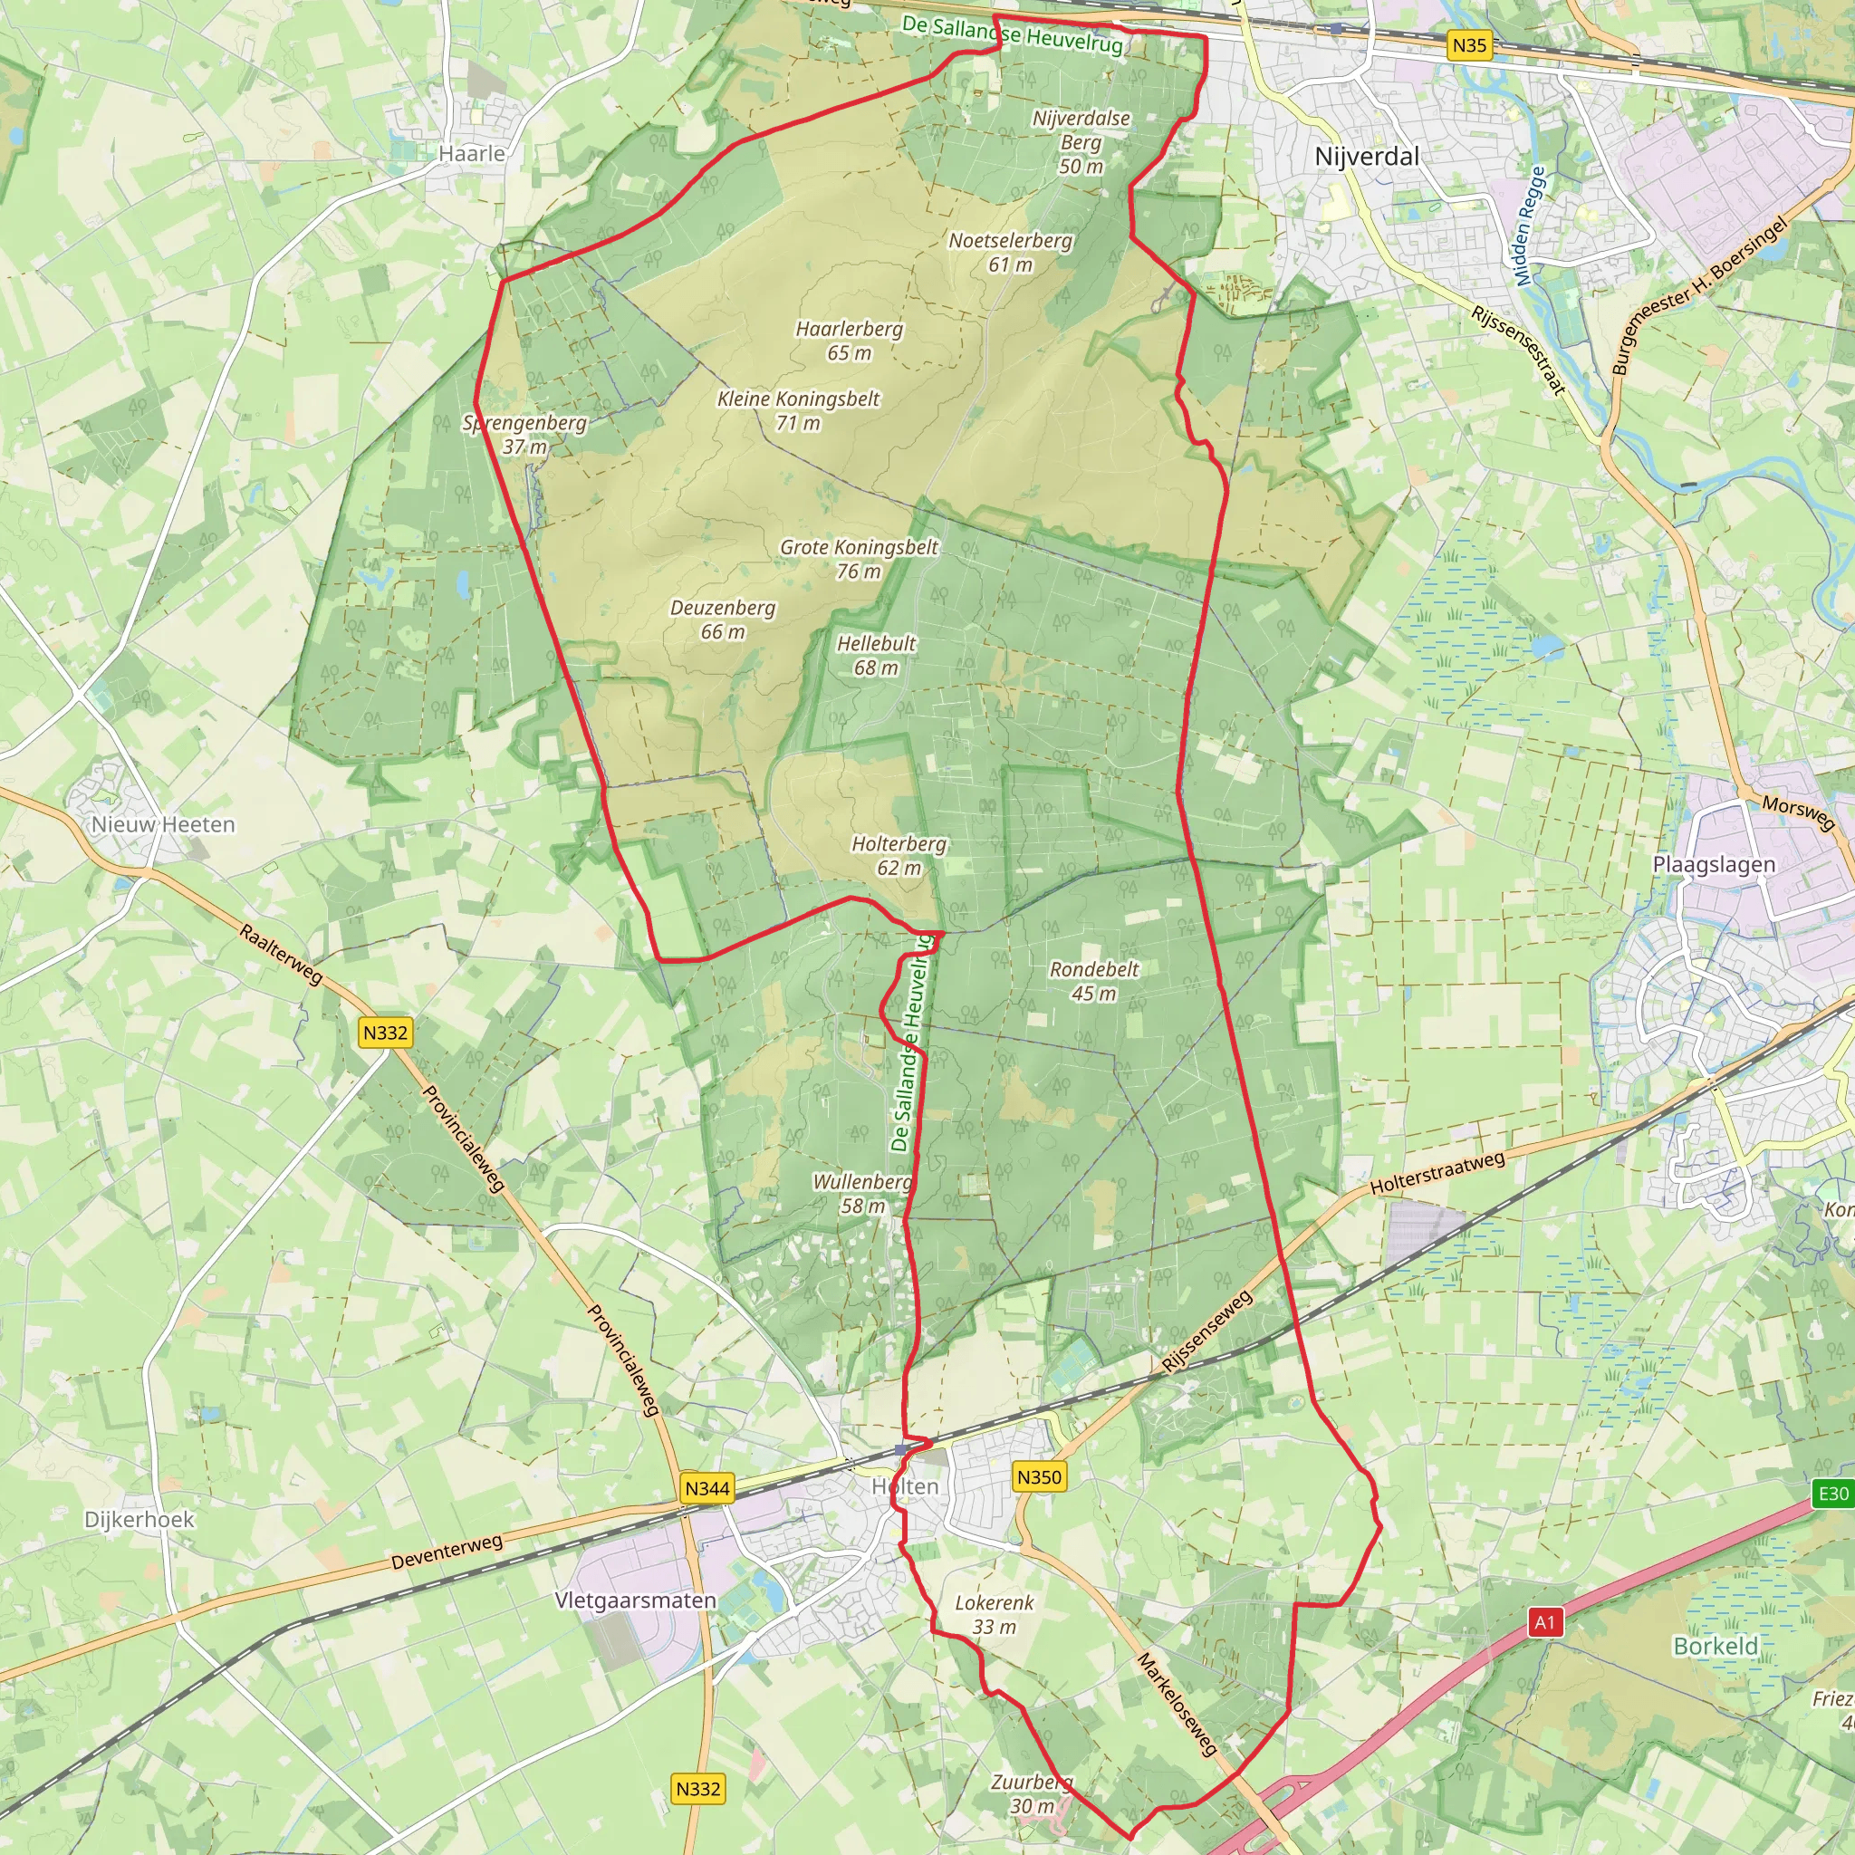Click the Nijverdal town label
coord(1366,157)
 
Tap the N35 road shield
coord(1469,45)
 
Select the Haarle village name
coord(471,154)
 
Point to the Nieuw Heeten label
coord(163,825)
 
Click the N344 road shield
coord(707,1488)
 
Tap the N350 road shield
coord(1039,1476)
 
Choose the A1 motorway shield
coord(1544,1622)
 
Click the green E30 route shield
coord(1833,1493)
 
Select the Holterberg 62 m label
coord(899,855)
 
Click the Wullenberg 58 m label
coord(862,1194)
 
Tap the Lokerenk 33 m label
coord(994,1614)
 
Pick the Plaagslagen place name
coord(1714,864)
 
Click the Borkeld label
coord(1715,1647)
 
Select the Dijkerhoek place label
coord(139,1520)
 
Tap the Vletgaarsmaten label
coord(636,1600)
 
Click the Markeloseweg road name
coord(1177,1704)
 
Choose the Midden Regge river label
coord(1531,226)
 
